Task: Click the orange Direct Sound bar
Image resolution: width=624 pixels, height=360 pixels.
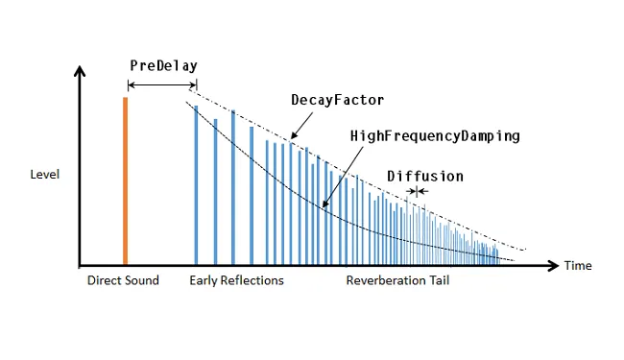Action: pyautogui.click(x=125, y=180)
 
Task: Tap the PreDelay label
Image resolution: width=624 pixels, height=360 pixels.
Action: pyautogui.click(x=163, y=66)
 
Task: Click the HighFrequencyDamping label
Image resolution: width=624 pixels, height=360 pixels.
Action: pyautogui.click(x=435, y=136)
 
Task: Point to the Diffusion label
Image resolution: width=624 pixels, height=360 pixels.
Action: pyautogui.click(x=425, y=176)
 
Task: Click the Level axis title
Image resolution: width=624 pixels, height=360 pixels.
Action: pyautogui.click(x=45, y=175)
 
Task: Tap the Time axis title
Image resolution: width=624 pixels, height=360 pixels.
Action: pyautogui.click(x=578, y=266)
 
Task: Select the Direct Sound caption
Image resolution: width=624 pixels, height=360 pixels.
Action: pyautogui.click(x=123, y=281)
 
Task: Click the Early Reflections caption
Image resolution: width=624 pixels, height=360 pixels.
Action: pyautogui.click(x=236, y=281)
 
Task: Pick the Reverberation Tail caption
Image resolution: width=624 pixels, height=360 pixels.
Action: pyautogui.click(x=397, y=281)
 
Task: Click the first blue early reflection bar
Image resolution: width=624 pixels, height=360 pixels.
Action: pyautogui.click(x=196, y=184)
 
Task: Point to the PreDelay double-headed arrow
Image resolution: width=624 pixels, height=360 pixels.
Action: pyautogui.click(x=162, y=86)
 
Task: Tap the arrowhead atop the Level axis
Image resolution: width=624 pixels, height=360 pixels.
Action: pyautogui.click(x=81, y=71)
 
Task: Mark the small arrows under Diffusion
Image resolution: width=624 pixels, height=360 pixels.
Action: pyautogui.click(x=417, y=192)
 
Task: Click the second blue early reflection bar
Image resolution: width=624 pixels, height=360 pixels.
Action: pyautogui.click(x=215, y=191)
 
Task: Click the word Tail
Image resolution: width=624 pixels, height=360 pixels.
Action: pyautogui.click(x=437, y=281)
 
